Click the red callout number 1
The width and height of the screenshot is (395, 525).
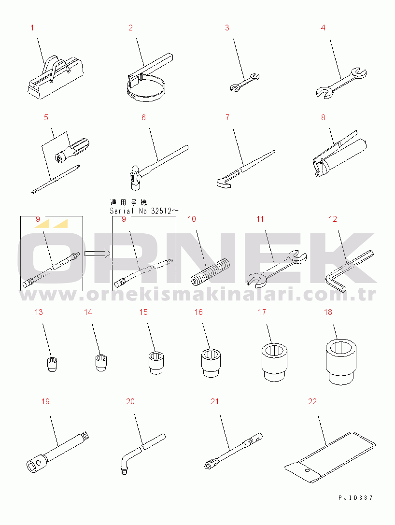(x=32, y=28)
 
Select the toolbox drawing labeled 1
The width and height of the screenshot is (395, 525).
(x=56, y=77)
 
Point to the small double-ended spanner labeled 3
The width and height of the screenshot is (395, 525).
(x=245, y=82)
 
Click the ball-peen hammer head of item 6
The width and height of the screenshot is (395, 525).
(x=135, y=175)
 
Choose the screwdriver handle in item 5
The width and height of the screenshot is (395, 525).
(x=72, y=150)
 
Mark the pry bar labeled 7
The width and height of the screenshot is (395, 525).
(x=246, y=169)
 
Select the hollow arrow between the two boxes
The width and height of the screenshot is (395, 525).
(x=97, y=254)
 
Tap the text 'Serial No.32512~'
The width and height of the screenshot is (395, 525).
(x=144, y=211)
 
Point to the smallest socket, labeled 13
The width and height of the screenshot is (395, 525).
(x=52, y=364)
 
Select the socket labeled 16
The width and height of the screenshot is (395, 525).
(x=212, y=363)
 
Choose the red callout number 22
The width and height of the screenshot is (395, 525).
(x=312, y=401)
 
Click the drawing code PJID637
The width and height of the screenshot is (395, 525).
(x=355, y=498)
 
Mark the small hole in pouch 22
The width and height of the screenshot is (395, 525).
(x=307, y=470)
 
